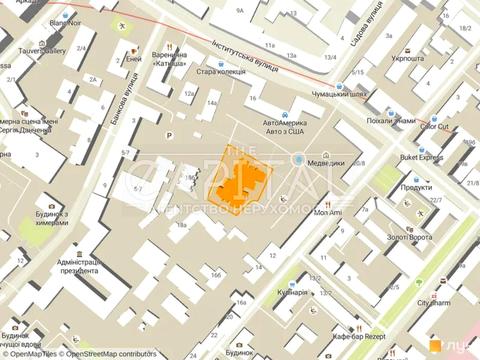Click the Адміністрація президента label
point(76,268)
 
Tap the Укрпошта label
point(408,59)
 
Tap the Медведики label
point(326,161)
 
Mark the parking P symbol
point(169,135)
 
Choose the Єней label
point(133,59)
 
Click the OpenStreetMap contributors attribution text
point(111,353)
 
